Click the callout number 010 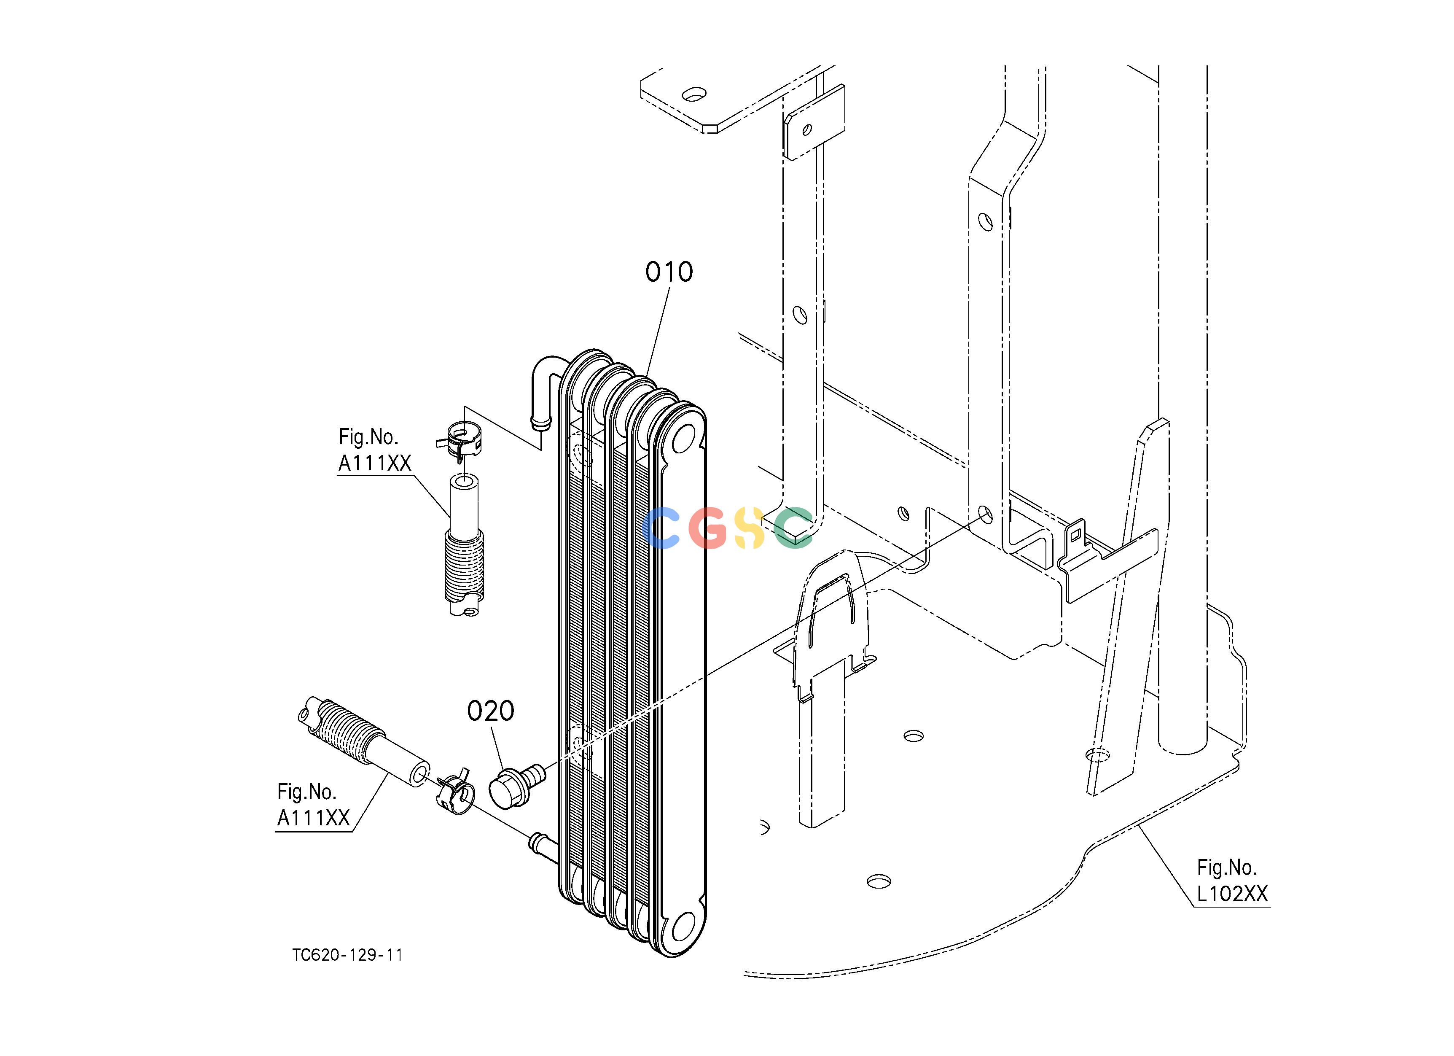[669, 272]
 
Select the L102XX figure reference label [1232, 881]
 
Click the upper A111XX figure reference [374, 450]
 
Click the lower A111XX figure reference [314, 805]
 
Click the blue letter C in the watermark [661, 528]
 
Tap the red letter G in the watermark [708, 528]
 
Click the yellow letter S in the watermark [750, 528]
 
